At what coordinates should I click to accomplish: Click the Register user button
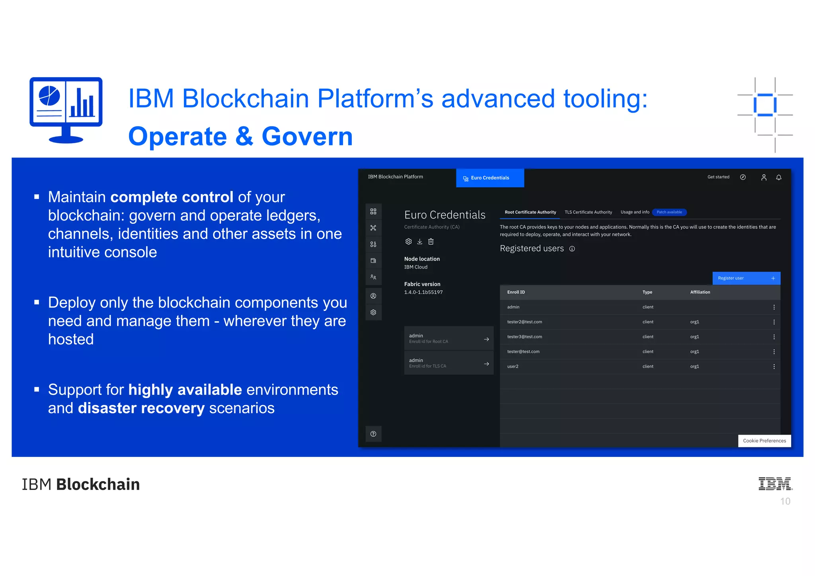(x=746, y=278)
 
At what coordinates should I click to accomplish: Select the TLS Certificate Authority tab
(x=588, y=212)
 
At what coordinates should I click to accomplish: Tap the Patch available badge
(x=669, y=212)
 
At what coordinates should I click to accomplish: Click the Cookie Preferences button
(x=764, y=441)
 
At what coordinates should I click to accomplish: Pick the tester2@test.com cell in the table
(x=524, y=322)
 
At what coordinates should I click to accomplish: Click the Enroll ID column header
(x=516, y=292)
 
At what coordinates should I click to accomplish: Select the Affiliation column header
(x=700, y=292)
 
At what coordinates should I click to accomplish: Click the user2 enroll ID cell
(x=513, y=367)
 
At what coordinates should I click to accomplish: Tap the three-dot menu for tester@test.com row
(x=774, y=352)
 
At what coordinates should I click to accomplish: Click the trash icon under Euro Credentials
(x=431, y=242)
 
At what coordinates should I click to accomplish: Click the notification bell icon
(x=778, y=178)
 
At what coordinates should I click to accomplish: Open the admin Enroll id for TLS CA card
(x=448, y=363)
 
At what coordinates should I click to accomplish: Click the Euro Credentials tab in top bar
(x=489, y=178)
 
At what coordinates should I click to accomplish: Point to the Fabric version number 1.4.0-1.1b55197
(x=423, y=293)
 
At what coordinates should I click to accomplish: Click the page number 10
(x=785, y=502)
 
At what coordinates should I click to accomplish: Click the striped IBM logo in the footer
(x=775, y=484)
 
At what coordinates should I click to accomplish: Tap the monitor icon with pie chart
(x=66, y=109)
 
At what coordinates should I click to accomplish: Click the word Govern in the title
(x=307, y=137)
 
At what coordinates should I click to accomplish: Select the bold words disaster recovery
(x=141, y=408)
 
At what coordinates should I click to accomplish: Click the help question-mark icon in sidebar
(x=373, y=434)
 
